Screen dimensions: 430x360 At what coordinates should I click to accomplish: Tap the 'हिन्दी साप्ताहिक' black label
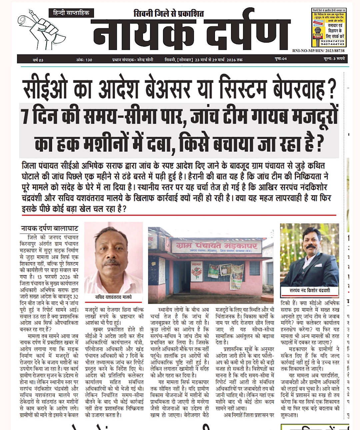click(71, 13)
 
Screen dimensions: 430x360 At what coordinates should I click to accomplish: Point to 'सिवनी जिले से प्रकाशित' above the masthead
click(168, 14)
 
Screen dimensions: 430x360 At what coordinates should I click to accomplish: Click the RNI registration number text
click(318, 51)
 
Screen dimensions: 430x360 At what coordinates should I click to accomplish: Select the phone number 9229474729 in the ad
click(332, 41)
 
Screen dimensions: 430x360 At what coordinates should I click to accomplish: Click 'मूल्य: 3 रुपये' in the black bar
click(334, 59)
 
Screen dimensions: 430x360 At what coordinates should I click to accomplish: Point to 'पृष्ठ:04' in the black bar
click(281, 59)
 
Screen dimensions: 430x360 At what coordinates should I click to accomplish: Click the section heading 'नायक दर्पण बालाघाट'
click(49, 229)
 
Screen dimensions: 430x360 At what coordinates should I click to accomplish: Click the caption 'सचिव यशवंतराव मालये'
click(114, 297)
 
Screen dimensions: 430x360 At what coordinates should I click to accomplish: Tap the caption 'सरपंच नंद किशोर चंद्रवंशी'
click(310, 290)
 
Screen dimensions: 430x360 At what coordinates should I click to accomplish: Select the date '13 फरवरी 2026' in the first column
click(58, 277)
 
